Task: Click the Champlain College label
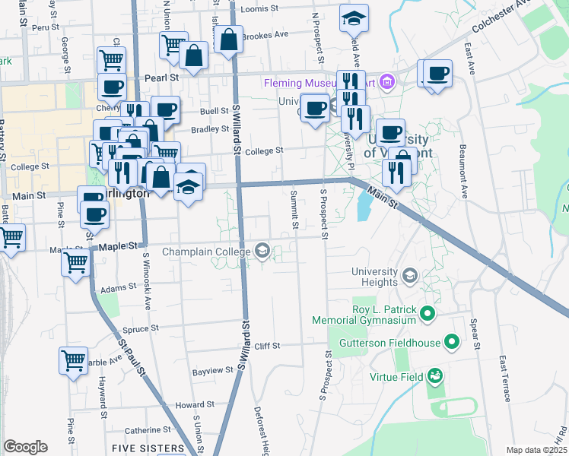click(x=206, y=252)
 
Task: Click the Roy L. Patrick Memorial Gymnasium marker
click(x=428, y=313)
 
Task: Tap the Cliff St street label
click(x=267, y=346)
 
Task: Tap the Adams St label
click(x=118, y=289)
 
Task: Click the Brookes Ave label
click(x=265, y=35)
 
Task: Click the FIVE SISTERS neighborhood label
click(x=148, y=448)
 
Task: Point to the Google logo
click(x=25, y=447)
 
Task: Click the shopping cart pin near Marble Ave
click(x=73, y=360)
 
